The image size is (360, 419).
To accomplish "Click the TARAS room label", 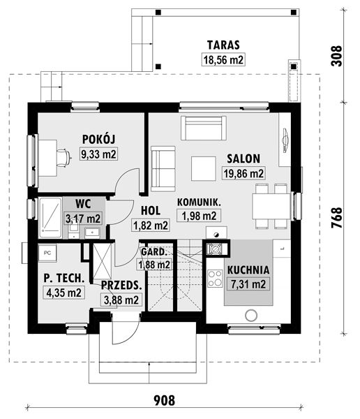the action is (x=223, y=45).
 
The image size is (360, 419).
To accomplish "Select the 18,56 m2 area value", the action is (x=223, y=59).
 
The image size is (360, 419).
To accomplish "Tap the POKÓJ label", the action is (x=98, y=139).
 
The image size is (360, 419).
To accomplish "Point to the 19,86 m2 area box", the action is (x=243, y=173).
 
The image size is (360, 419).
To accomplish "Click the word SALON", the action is (x=243, y=159).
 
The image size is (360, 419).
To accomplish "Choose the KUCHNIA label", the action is (x=248, y=270).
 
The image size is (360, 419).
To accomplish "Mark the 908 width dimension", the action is (x=165, y=400).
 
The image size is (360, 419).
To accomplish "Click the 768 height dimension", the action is (x=337, y=217).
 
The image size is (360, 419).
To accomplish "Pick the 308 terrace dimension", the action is (x=336, y=56).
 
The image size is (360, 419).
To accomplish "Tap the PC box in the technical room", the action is (x=47, y=253).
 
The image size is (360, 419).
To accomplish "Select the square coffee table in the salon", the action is (x=203, y=168).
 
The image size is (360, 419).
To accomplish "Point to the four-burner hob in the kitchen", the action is (x=215, y=279).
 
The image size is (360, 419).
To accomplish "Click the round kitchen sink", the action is (x=250, y=316).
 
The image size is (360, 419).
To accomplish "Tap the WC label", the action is (x=83, y=204).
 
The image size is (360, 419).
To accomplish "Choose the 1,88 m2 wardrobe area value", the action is (x=154, y=265).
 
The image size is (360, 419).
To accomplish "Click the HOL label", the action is (x=151, y=211).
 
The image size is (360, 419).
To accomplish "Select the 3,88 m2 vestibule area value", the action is (x=121, y=300).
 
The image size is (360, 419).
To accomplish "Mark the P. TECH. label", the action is (x=64, y=278).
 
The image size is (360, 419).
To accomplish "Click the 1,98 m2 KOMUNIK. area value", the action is (x=199, y=215).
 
